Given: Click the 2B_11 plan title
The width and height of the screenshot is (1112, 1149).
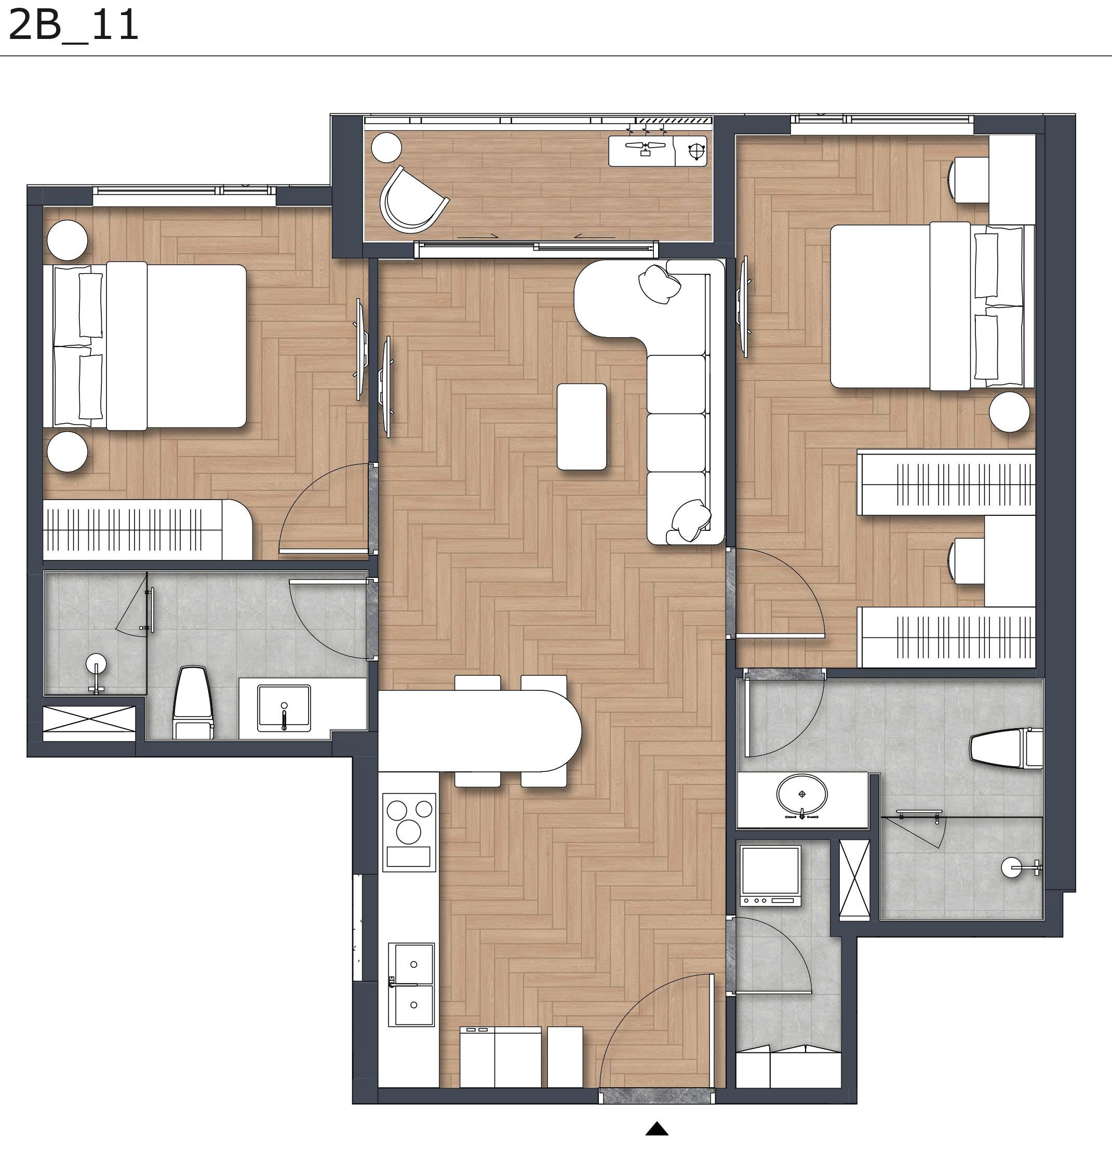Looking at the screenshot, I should pyautogui.click(x=73, y=26).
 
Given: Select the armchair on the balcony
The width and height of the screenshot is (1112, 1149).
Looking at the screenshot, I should pyautogui.click(x=410, y=199).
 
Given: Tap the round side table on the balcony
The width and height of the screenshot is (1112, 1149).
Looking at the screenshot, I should pyautogui.click(x=387, y=147).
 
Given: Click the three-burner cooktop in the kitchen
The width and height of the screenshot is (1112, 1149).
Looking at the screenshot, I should pyautogui.click(x=409, y=831).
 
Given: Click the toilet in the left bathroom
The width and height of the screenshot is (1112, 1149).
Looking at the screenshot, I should pyautogui.click(x=192, y=701).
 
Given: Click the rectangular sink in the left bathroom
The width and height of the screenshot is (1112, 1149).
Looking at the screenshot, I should pyautogui.click(x=284, y=708).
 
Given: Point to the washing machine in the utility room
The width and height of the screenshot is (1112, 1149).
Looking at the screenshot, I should pyautogui.click(x=770, y=875).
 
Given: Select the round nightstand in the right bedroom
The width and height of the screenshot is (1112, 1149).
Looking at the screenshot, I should pyautogui.click(x=1009, y=411).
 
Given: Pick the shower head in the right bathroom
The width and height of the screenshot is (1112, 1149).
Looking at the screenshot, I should pyautogui.click(x=1013, y=867).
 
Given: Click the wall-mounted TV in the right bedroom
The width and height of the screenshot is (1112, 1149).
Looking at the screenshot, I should pyautogui.click(x=745, y=306).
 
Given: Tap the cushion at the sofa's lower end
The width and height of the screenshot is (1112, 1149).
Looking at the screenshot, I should pyautogui.click(x=691, y=519).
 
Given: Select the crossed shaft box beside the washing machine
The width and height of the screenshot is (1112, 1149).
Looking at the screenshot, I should pyautogui.click(x=854, y=879).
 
